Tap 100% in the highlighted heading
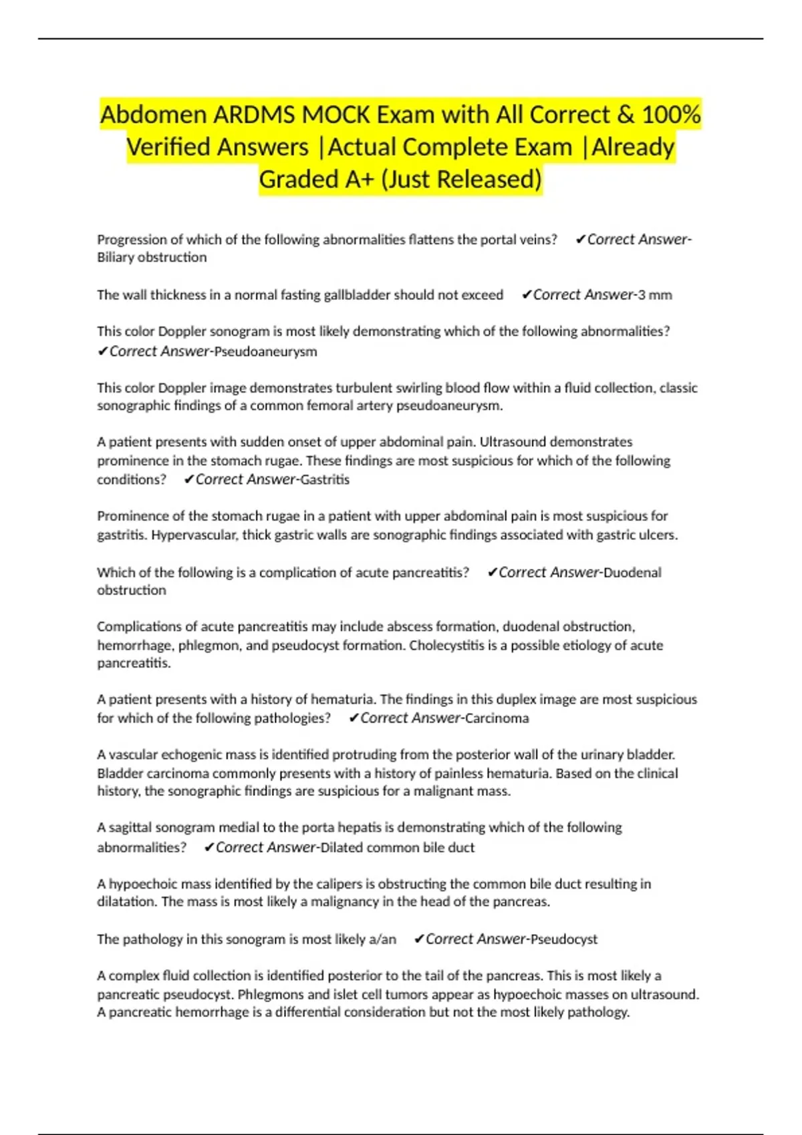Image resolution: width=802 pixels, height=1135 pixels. tap(670, 115)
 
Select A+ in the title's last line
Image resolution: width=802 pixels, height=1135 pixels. tap(354, 179)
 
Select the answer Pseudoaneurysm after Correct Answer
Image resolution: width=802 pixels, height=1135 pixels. tap(265, 352)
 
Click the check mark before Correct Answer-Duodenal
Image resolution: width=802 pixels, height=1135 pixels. tap(493, 572)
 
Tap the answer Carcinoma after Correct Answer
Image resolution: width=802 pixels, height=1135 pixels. tap(497, 718)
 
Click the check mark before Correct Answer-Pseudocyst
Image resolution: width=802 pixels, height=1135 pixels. tap(419, 939)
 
